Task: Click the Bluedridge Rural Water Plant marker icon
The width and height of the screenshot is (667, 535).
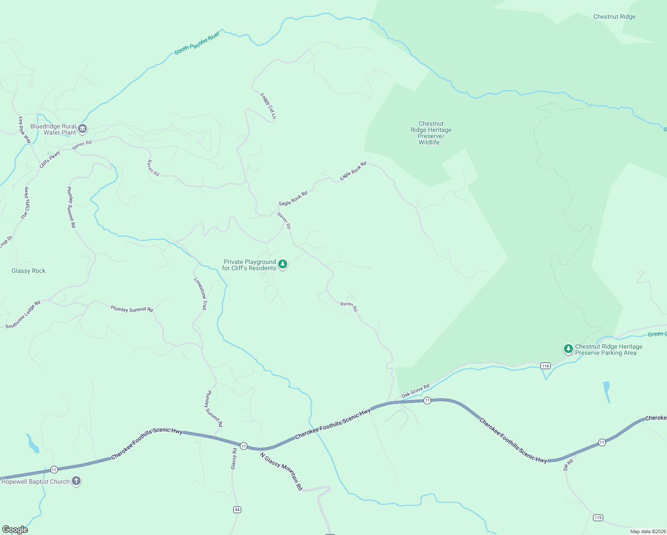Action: click(82, 129)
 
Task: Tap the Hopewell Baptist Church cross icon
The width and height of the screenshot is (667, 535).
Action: click(76, 481)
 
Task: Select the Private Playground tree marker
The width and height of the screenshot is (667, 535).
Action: click(283, 264)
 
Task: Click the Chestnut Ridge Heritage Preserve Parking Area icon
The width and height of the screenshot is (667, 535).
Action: click(568, 349)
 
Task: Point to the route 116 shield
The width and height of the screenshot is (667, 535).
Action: click(545, 366)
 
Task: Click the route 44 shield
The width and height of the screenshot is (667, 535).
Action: click(237, 510)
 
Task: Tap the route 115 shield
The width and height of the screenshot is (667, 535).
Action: click(598, 518)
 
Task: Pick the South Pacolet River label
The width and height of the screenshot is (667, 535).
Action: click(197, 43)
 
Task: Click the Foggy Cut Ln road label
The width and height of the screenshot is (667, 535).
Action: click(268, 106)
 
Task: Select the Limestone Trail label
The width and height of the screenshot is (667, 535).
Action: click(201, 293)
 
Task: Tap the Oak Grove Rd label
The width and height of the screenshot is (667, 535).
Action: click(415, 391)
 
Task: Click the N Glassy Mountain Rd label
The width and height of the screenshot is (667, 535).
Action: click(281, 471)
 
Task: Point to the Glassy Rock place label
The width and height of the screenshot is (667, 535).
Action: click(29, 271)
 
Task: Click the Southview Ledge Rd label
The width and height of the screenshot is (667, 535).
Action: click(23, 314)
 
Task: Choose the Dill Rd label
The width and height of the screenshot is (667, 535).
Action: click(568, 465)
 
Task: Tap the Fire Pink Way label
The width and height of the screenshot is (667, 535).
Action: click(25, 130)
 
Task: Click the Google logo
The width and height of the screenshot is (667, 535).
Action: click(15, 529)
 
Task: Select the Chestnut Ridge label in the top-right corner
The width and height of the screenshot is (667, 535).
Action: click(614, 16)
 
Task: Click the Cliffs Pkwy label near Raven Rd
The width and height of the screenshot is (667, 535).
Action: click(49, 160)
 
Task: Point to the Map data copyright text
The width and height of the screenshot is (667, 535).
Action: click(647, 531)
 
